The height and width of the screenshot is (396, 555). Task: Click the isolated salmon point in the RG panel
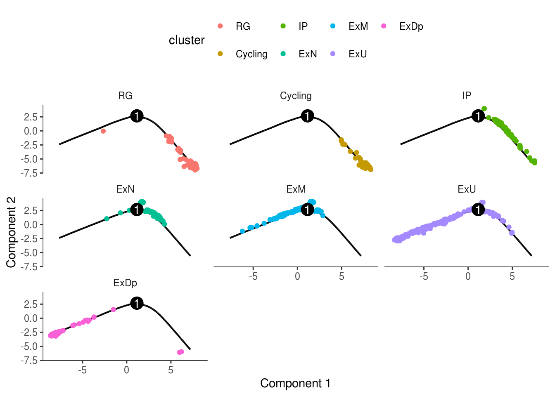point(103,131)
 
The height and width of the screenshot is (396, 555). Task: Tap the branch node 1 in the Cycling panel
point(307,116)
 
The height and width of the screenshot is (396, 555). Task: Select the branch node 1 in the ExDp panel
point(137,303)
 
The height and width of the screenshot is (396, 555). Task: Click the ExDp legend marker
point(384,26)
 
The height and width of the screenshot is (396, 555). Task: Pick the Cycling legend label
point(251,54)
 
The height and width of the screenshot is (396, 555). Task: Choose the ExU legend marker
point(333,54)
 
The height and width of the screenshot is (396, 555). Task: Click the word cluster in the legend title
point(187,40)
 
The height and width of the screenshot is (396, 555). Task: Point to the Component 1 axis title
point(295,383)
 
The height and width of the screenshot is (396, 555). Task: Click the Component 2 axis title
point(11,232)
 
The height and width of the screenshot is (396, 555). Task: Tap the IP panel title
point(467,96)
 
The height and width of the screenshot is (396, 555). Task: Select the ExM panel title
point(296,189)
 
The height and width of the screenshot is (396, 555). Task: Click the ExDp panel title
point(125,283)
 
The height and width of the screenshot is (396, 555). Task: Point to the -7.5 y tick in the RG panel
point(31,173)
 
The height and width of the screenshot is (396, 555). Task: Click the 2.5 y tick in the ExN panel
point(31,211)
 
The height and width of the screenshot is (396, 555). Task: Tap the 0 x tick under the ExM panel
point(297,276)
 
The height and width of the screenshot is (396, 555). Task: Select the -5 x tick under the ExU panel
point(424,276)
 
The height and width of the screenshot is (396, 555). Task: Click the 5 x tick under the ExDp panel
point(171,370)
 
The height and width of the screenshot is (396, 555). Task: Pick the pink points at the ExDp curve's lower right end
point(180,352)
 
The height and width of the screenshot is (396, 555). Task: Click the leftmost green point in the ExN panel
point(107,219)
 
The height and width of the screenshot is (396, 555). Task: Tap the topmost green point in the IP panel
point(484,109)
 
